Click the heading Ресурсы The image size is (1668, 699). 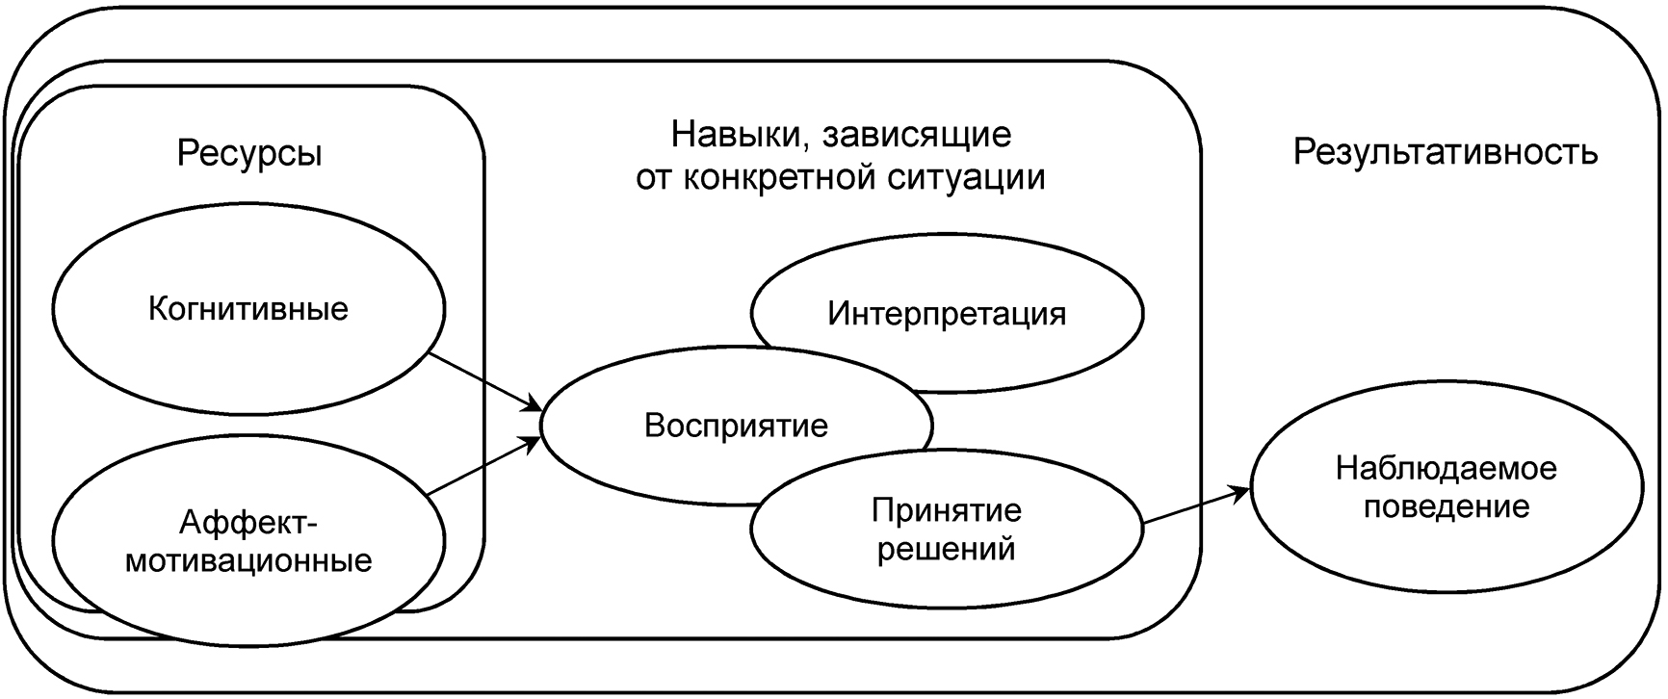[249, 153]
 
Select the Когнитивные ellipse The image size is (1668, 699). [248, 309]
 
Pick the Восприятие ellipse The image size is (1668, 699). [736, 426]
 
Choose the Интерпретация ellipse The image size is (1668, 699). [947, 314]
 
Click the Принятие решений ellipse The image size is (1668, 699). [946, 530]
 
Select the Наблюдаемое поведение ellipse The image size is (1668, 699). [1446, 488]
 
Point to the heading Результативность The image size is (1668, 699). [1446, 152]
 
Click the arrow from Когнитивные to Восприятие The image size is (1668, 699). [482, 381]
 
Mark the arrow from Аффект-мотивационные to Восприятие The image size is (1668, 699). [482, 466]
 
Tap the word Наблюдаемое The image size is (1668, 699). [1446, 469]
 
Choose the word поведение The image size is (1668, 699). [1446, 507]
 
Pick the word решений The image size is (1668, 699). [946, 550]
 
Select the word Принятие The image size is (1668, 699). [946, 509]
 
